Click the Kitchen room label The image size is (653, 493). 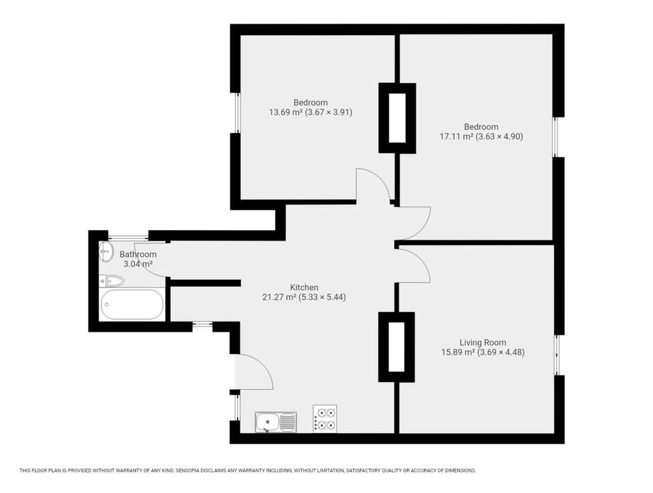tap(304, 287)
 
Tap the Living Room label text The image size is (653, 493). tap(483, 342)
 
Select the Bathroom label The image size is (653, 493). tap(138, 254)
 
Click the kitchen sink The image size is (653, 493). tap(275, 422)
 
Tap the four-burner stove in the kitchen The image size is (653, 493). tap(325, 418)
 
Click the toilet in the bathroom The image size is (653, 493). tap(112, 281)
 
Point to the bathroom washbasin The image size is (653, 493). tap(106, 252)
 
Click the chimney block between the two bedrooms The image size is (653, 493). tap(397, 118)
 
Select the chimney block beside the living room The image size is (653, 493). tap(397, 347)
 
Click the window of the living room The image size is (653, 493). tap(557, 355)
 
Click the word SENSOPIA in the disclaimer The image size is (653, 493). tap(190, 471)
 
